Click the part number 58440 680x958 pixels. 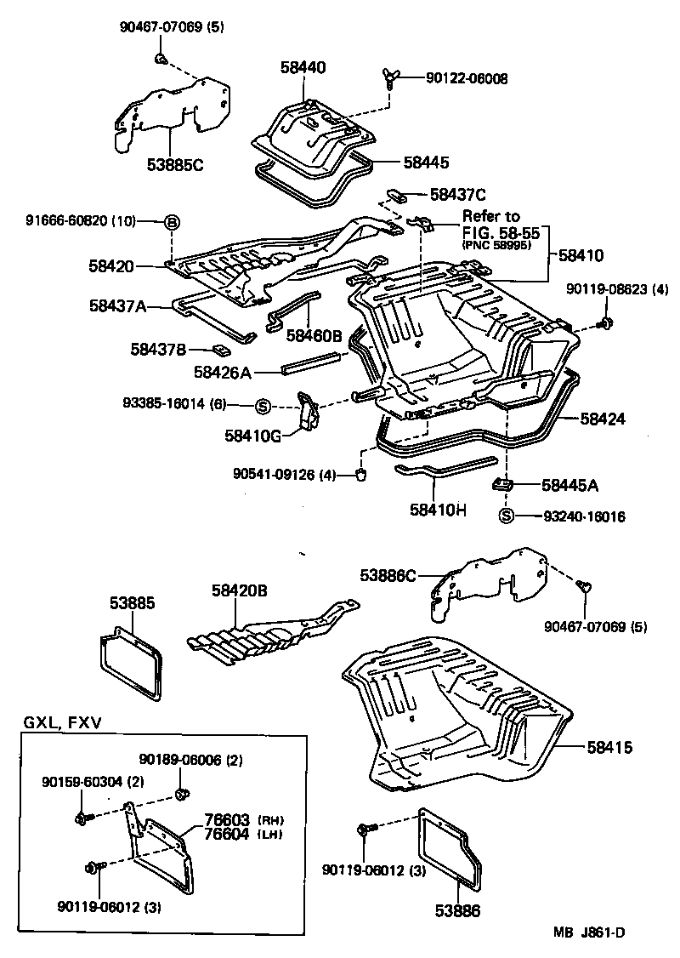pos(303,67)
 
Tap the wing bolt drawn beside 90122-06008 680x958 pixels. pos(390,80)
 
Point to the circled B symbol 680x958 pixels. pos(172,222)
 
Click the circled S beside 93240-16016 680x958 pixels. pos(506,516)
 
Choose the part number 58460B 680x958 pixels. pos(314,335)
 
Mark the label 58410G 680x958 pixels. pos(252,436)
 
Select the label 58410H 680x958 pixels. pos(439,510)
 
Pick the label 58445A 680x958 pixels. pos(570,485)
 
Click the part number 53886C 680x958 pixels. pos(388,576)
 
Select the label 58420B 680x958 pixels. pos(240,589)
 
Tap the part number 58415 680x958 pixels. pos(609,747)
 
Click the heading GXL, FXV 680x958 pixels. pos(61,723)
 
